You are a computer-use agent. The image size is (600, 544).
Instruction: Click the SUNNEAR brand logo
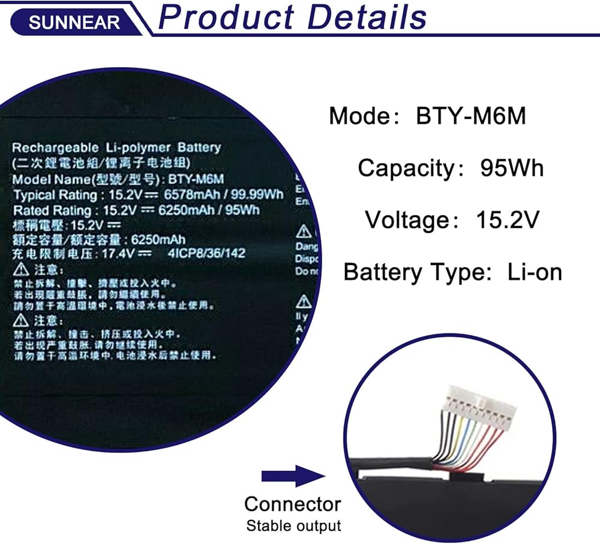[x=74, y=22]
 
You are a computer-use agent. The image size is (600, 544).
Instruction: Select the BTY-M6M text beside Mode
[x=471, y=116]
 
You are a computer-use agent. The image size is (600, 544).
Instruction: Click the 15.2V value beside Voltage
[x=508, y=220]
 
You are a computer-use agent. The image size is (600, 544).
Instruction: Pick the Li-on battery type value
[x=535, y=272]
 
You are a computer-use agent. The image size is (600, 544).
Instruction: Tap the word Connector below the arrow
[x=293, y=504]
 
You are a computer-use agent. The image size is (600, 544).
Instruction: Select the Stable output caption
[x=293, y=526]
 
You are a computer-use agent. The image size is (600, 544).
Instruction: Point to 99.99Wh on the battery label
[x=259, y=195]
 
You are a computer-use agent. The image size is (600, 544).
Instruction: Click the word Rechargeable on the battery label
[x=51, y=148]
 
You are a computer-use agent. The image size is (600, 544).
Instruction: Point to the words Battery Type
[x=413, y=272]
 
